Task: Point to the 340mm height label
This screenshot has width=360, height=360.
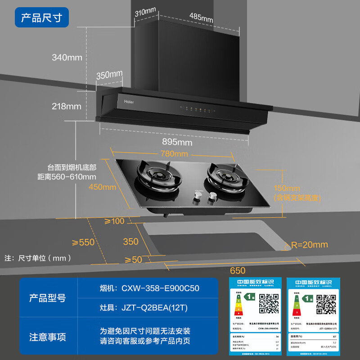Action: coord(67,57)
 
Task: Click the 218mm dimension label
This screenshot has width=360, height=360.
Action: coord(67,106)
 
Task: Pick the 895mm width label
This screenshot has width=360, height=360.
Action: coord(176,142)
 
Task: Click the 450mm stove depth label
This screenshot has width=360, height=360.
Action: coord(103,187)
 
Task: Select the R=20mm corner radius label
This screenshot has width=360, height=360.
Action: coord(309,245)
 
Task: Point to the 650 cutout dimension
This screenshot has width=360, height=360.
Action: coord(238,270)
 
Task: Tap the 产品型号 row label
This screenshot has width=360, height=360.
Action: coord(47,298)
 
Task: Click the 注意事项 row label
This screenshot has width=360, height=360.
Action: coord(47,337)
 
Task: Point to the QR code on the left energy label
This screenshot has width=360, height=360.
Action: coord(269,304)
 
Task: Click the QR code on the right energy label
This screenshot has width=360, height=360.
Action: coord(326,304)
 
